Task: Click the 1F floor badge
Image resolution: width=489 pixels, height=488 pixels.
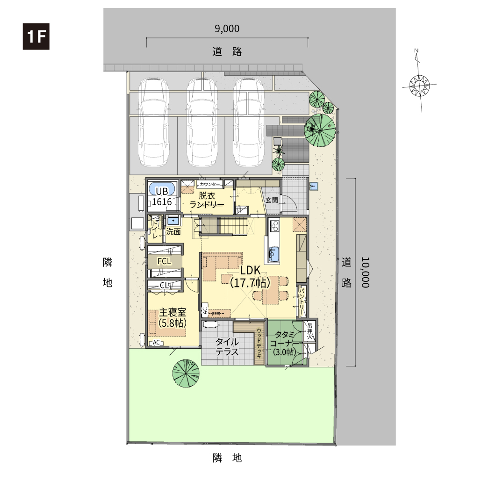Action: coord(36,36)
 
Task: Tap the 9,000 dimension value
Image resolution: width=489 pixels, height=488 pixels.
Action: coord(227,29)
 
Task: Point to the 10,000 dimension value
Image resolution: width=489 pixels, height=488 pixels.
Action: coord(365,272)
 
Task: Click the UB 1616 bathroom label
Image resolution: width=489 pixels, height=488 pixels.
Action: coord(162,196)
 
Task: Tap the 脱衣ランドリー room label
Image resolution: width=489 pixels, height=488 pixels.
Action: coord(207,200)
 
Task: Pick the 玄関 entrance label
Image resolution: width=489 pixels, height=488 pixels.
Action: coord(272,200)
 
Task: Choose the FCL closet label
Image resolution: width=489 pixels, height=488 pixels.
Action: coord(165,261)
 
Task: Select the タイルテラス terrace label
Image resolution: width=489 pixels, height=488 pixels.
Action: coord(227,347)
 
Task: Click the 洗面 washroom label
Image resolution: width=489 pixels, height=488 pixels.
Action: coord(173,232)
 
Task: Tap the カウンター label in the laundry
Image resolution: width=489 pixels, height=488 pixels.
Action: coord(209,184)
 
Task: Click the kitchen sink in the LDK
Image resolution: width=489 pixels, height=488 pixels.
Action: coord(274,254)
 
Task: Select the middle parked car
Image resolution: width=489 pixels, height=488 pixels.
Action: coord(202,122)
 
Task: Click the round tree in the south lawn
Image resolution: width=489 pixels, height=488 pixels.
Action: coord(186,373)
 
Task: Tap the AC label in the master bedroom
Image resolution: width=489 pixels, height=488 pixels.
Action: coord(156,342)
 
